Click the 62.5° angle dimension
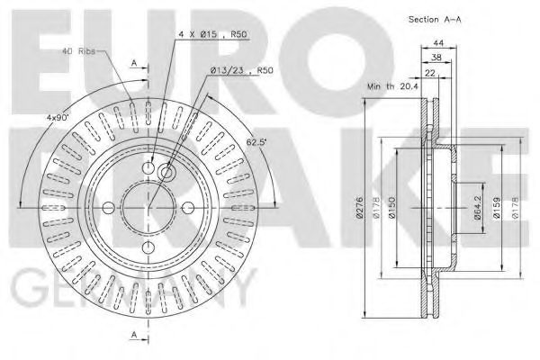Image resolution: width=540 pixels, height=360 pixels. pyautogui.click(x=257, y=141)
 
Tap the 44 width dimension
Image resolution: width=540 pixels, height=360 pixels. pyautogui.click(x=438, y=43)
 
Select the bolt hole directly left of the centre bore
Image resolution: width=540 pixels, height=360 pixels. pyautogui.click(x=109, y=208)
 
